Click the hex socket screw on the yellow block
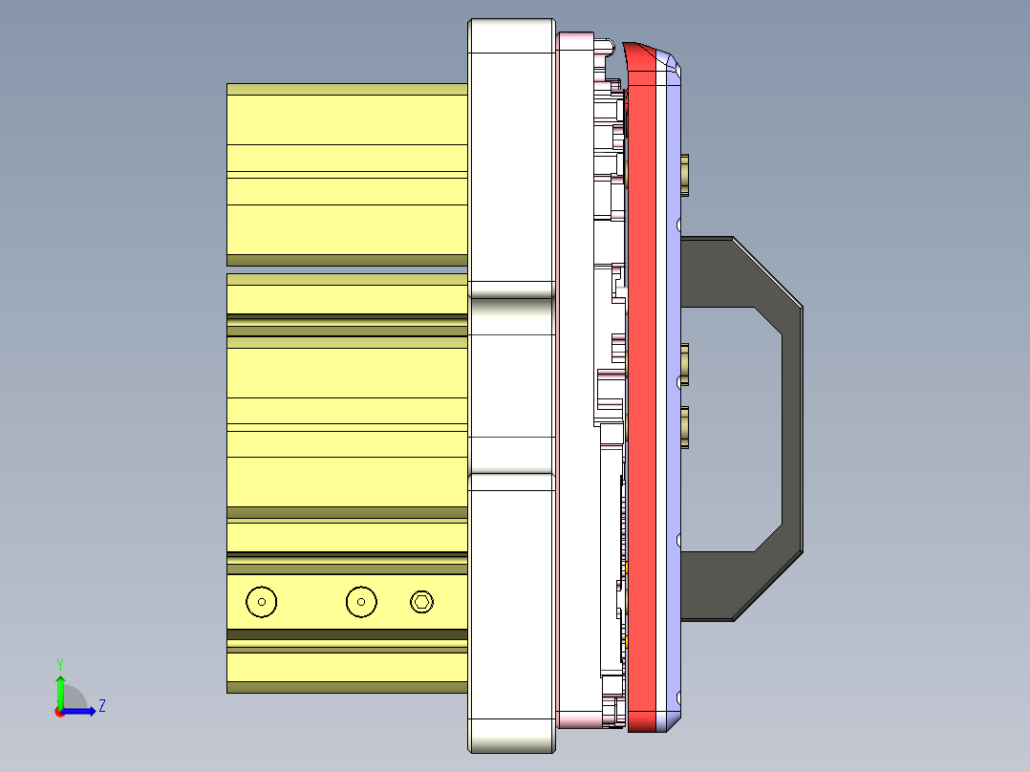click(x=421, y=601)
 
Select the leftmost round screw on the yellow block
click(x=261, y=601)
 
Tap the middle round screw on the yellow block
click(x=361, y=601)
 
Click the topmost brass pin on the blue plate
click(x=685, y=174)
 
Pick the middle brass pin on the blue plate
click(x=685, y=363)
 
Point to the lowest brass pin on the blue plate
click(x=685, y=426)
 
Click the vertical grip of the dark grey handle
click(x=792, y=430)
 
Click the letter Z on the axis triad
click(x=101, y=706)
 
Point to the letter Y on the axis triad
click(x=59, y=664)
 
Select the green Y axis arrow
click(x=59, y=690)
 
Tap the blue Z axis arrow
click(x=81, y=711)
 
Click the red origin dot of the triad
click(x=59, y=712)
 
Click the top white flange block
click(x=511, y=158)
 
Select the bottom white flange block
click(x=511, y=611)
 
